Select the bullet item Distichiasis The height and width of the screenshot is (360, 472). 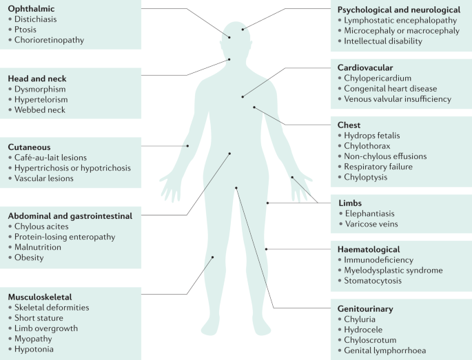point(42,19)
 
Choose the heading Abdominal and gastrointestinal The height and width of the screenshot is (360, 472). point(70,215)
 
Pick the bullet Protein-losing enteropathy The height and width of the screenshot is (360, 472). point(65,237)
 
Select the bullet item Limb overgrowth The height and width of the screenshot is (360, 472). point(50,328)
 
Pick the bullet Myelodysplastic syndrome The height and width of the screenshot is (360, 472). point(393,271)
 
